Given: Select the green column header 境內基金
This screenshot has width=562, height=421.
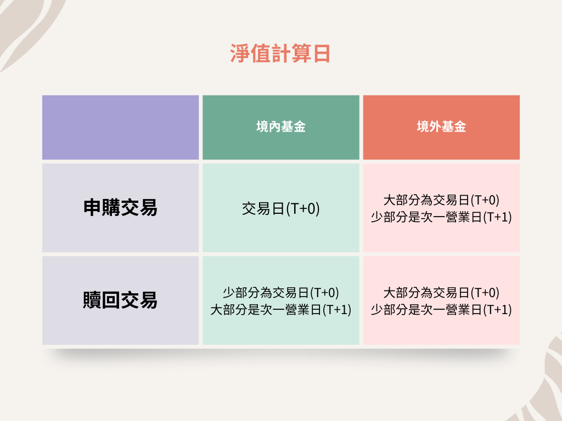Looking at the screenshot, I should coord(280,127).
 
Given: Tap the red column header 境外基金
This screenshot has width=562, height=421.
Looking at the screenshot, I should coord(441,127).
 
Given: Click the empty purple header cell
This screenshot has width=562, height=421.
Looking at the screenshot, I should coord(120,127).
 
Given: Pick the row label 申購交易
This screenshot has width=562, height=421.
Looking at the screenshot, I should coord(120,208).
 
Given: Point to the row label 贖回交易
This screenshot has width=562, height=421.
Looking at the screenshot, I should coord(120,300).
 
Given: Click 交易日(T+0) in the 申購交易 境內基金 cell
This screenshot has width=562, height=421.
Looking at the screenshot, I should coord(280,208).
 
